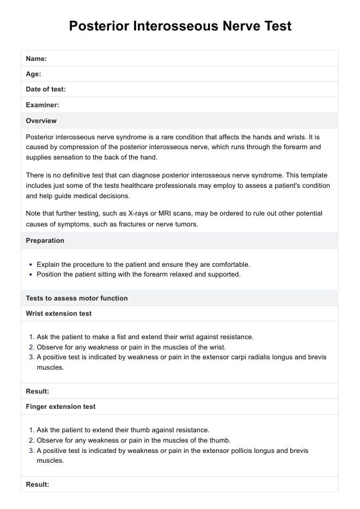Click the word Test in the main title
[272, 26]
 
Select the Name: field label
[36, 59]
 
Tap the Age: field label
[33, 74]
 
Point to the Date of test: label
[46, 89]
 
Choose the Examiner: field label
[42, 105]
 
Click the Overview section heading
[41, 120]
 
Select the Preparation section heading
[45, 240]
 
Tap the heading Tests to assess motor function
[77, 298]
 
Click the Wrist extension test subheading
[59, 314]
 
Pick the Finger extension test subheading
[60, 406]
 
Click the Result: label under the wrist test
[38, 391]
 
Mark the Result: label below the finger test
[38, 484]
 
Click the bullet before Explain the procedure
[30, 265]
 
